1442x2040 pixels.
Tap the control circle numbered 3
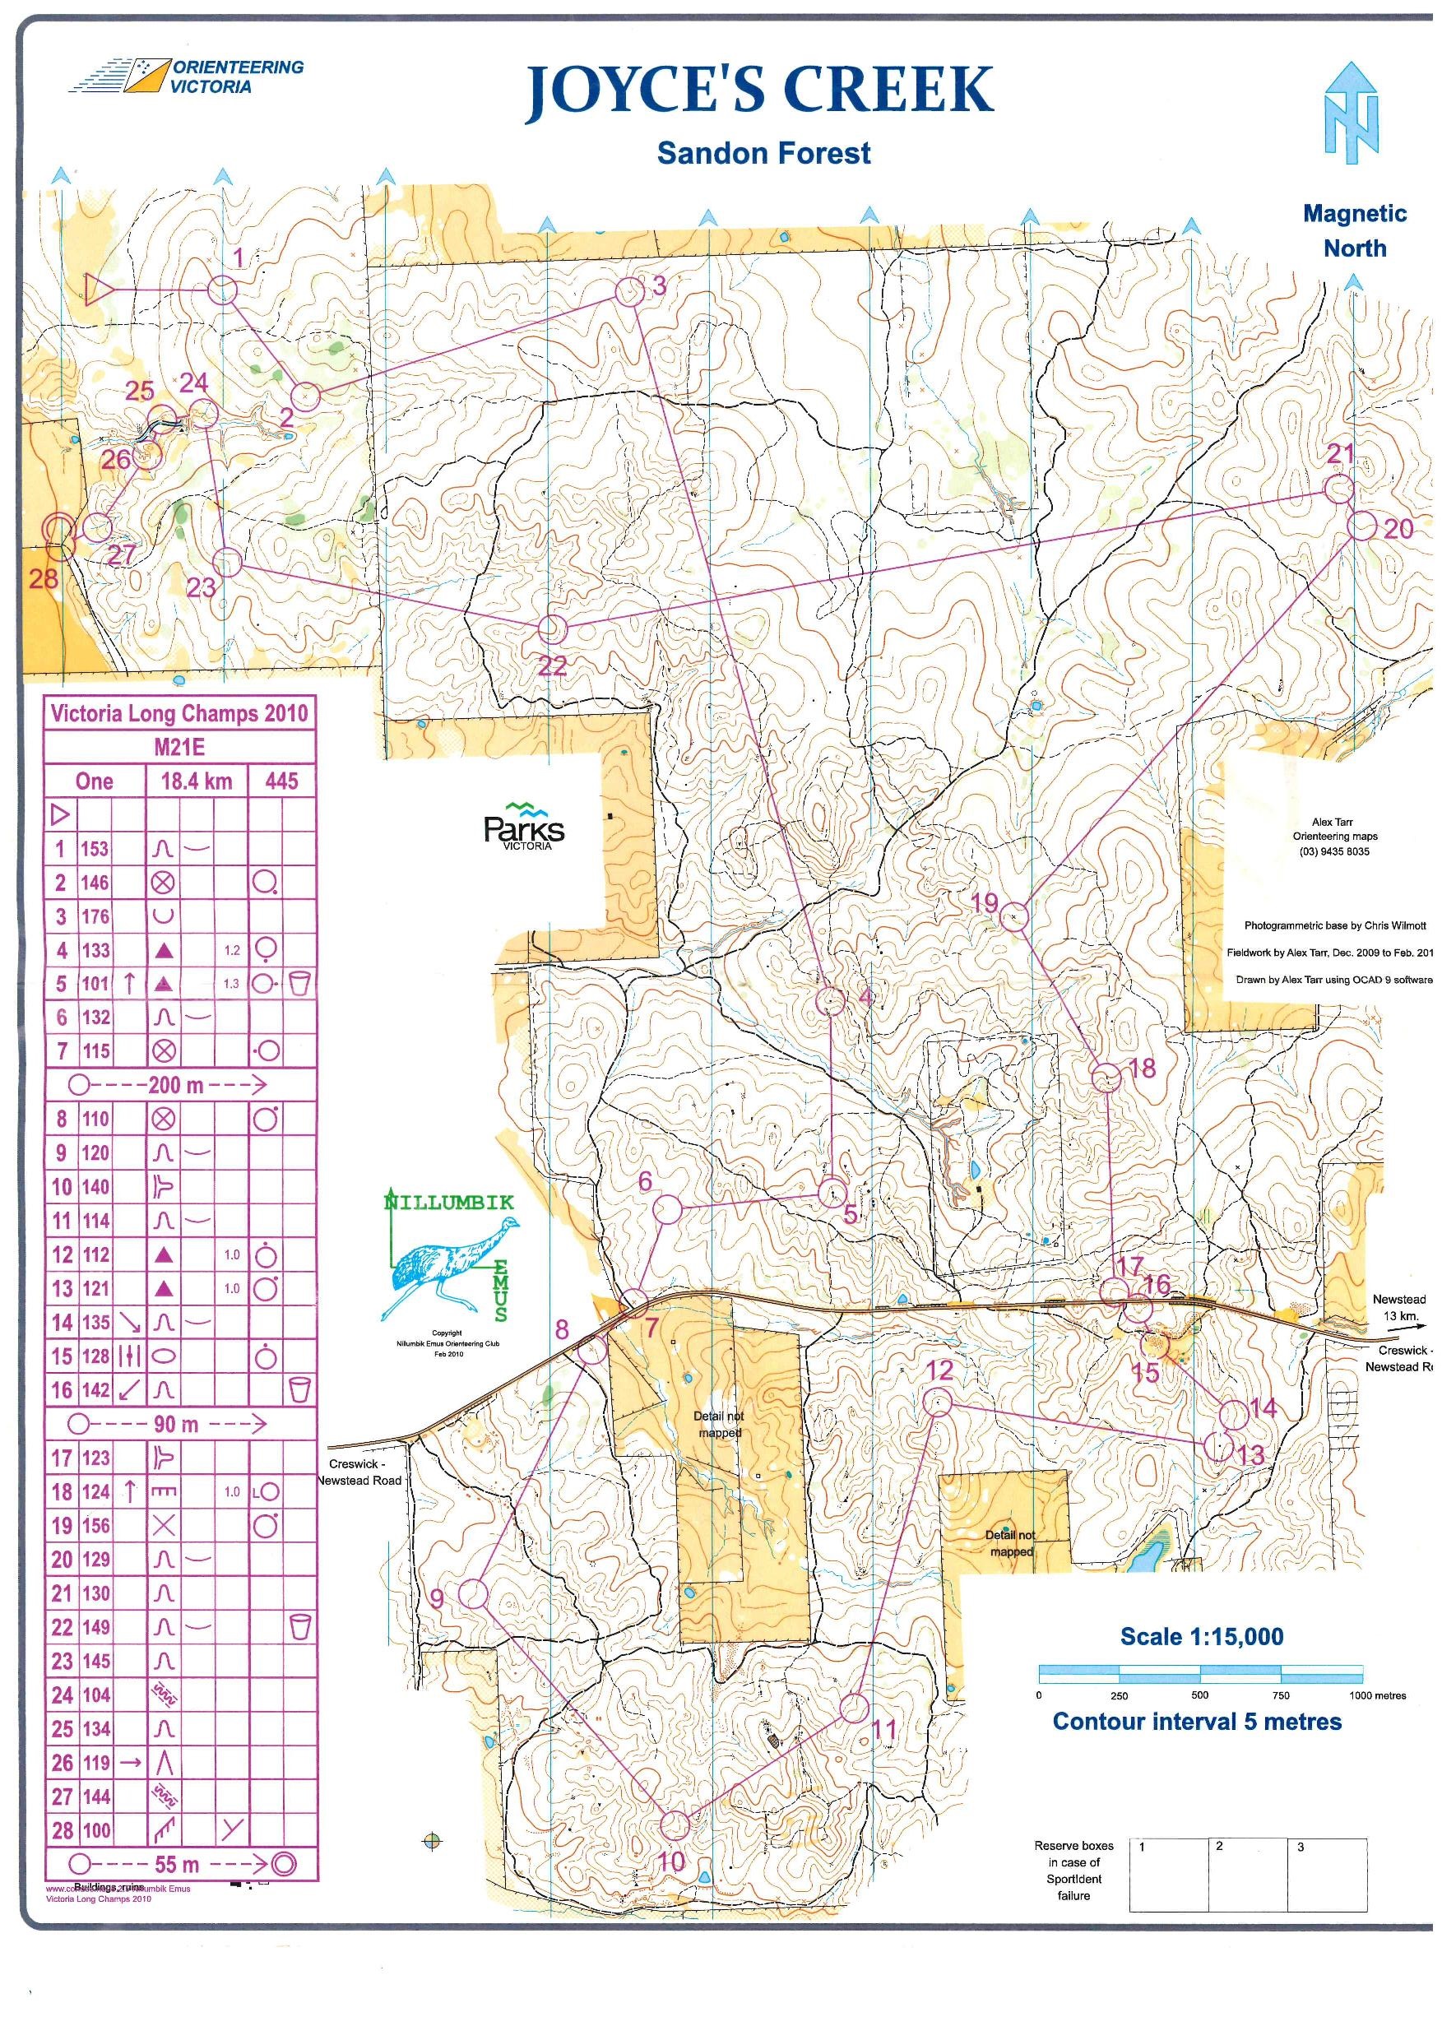(630, 292)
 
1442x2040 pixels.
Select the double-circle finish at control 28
(58, 530)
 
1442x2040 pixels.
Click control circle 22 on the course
(552, 629)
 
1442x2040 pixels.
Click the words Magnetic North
(1354, 230)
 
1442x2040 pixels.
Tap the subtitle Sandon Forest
(763, 154)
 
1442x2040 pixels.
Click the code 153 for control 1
(95, 849)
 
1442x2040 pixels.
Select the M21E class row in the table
(180, 746)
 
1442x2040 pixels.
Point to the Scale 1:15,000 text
(1201, 1636)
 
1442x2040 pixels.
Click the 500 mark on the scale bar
(1199, 1695)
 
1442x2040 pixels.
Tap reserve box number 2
(1247, 1874)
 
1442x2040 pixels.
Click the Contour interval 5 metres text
(1196, 1721)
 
